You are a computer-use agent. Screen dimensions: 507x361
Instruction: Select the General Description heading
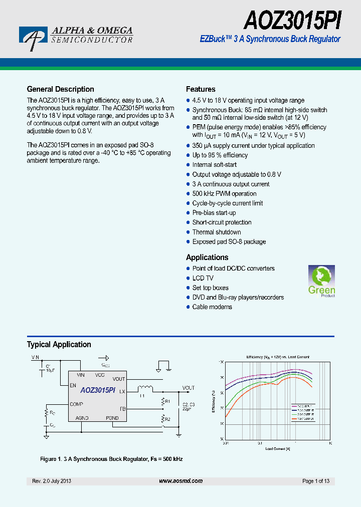(60, 89)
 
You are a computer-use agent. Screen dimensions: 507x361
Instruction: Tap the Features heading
(201, 89)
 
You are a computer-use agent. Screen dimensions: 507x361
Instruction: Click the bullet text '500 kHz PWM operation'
(224, 194)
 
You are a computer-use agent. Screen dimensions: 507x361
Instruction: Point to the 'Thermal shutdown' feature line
(217, 232)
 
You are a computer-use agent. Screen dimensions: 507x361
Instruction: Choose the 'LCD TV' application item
(203, 278)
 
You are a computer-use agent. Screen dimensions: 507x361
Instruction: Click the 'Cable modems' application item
(212, 307)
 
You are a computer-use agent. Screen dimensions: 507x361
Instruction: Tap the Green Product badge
(321, 282)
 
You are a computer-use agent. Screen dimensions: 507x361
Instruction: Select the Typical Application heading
(59, 345)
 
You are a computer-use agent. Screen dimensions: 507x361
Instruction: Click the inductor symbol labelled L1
(145, 388)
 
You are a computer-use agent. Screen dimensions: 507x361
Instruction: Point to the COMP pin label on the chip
(77, 404)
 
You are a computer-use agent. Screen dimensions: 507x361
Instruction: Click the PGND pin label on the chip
(112, 418)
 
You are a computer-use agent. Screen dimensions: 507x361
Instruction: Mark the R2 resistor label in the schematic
(168, 419)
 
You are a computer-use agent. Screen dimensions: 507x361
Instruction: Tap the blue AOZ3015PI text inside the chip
(98, 390)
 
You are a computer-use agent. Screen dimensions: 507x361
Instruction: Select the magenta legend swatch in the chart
(294, 406)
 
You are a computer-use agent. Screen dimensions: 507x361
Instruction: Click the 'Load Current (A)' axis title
(277, 449)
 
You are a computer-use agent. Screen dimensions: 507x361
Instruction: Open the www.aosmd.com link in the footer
(180, 481)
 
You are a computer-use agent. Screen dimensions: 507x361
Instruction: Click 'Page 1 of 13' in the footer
(316, 481)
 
